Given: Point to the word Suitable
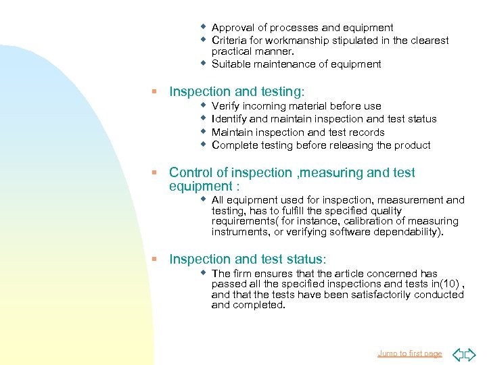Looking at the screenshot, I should tap(231, 64).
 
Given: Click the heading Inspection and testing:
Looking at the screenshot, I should tap(237, 91).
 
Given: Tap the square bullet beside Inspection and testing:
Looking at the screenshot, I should tap(154, 91).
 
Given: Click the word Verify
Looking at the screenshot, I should tap(226, 106).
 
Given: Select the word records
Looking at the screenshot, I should tap(366, 132).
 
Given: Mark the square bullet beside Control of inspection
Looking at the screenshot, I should tap(154, 172).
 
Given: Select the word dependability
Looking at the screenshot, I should tap(404, 231).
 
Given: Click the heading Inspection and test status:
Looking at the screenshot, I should tap(248, 259).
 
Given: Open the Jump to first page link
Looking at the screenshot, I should tap(409, 354).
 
